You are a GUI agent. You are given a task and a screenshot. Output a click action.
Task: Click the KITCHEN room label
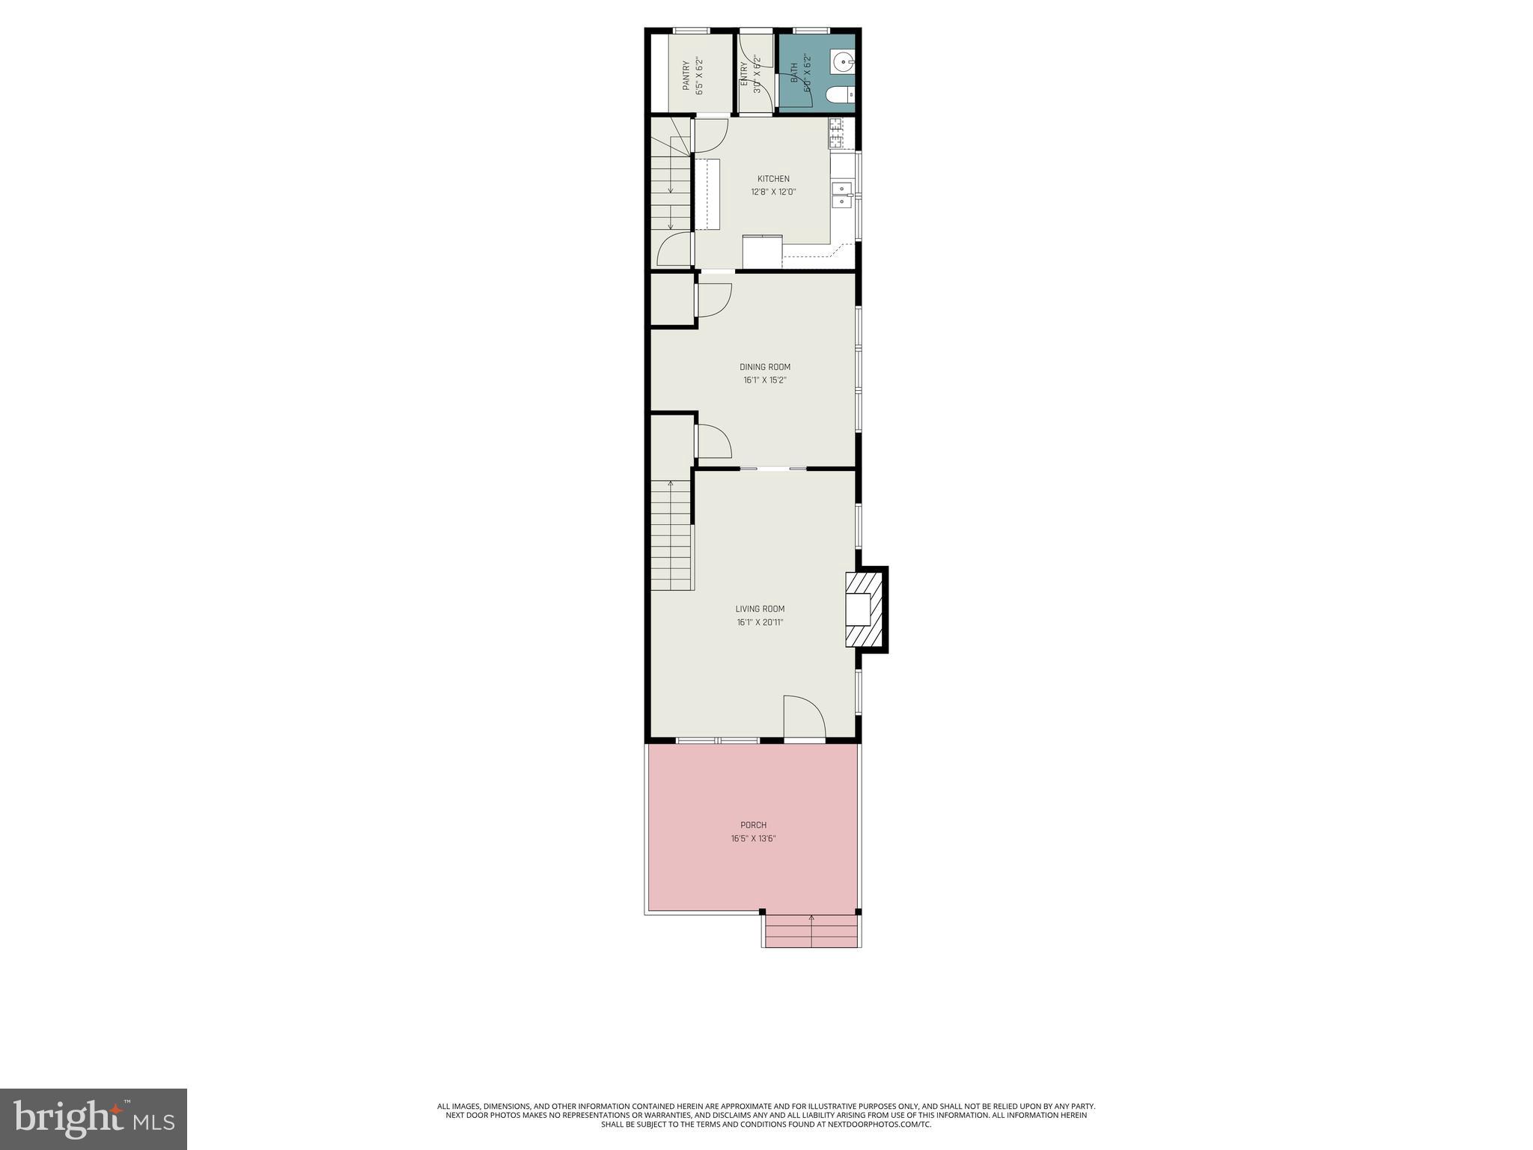(x=773, y=179)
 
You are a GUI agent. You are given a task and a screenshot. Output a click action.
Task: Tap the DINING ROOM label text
(x=764, y=367)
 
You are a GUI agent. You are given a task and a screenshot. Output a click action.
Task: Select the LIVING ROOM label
(x=760, y=609)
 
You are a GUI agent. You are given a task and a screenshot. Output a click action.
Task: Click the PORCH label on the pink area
(x=753, y=825)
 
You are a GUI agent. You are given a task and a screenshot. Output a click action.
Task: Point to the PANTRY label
(x=686, y=76)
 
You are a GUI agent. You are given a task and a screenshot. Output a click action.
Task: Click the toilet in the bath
(x=840, y=95)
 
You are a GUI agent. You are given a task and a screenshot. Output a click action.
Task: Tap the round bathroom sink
(x=843, y=61)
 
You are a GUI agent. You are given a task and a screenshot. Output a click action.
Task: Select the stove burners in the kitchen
(x=835, y=134)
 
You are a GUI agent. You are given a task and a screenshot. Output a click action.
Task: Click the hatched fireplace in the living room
(x=865, y=609)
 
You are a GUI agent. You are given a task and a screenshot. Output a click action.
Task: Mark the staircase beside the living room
(x=671, y=535)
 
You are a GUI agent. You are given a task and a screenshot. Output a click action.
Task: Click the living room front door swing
(x=804, y=719)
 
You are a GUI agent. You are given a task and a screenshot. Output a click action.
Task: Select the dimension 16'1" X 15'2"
(x=764, y=380)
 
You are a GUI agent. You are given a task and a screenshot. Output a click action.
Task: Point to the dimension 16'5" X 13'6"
(x=753, y=839)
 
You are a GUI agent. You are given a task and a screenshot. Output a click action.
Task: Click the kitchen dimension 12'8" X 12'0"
(x=773, y=192)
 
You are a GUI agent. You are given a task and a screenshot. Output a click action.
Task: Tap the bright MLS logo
(x=94, y=1119)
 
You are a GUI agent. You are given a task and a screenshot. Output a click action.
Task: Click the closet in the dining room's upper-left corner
(x=671, y=300)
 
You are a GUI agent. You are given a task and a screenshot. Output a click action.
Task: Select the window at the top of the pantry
(x=691, y=31)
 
